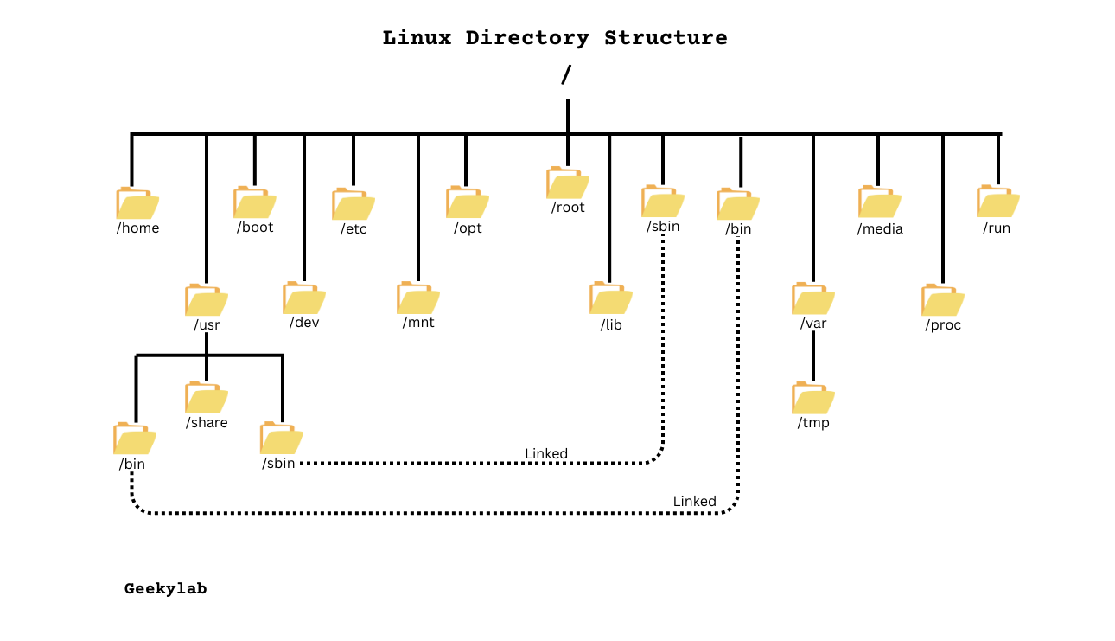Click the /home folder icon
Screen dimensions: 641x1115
point(137,203)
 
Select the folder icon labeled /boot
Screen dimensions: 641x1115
point(254,202)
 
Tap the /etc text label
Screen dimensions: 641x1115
point(354,229)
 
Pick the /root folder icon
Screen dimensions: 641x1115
point(567,183)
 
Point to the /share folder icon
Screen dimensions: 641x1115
point(206,397)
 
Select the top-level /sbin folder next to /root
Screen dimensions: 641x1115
point(662,202)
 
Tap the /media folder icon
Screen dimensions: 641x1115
point(879,202)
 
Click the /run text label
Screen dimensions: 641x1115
point(997,228)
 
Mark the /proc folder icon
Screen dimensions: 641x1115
point(942,300)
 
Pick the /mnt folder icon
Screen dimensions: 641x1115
point(417,298)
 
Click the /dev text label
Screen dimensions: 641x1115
point(303,323)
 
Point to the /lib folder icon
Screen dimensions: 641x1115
point(610,298)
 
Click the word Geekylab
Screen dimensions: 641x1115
point(165,589)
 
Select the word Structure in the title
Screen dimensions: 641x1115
point(666,38)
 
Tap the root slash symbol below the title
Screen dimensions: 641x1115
point(566,75)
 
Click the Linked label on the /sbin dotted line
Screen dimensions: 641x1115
point(546,454)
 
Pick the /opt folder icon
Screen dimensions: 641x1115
point(467,202)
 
